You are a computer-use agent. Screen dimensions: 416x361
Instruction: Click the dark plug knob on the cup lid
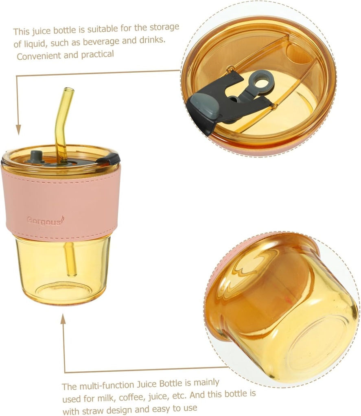37,155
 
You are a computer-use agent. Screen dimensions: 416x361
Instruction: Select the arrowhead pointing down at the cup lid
18,130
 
